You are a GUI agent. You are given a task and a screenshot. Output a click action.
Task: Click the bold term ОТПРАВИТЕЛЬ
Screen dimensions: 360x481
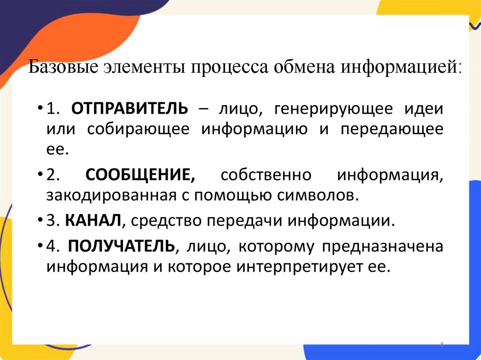pyautogui.click(x=130, y=109)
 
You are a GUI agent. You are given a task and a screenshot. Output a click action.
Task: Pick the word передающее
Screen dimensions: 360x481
pyautogui.click(x=392, y=130)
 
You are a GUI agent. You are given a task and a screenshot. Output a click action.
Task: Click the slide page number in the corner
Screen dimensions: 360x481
pyautogui.click(x=442, y=345)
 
